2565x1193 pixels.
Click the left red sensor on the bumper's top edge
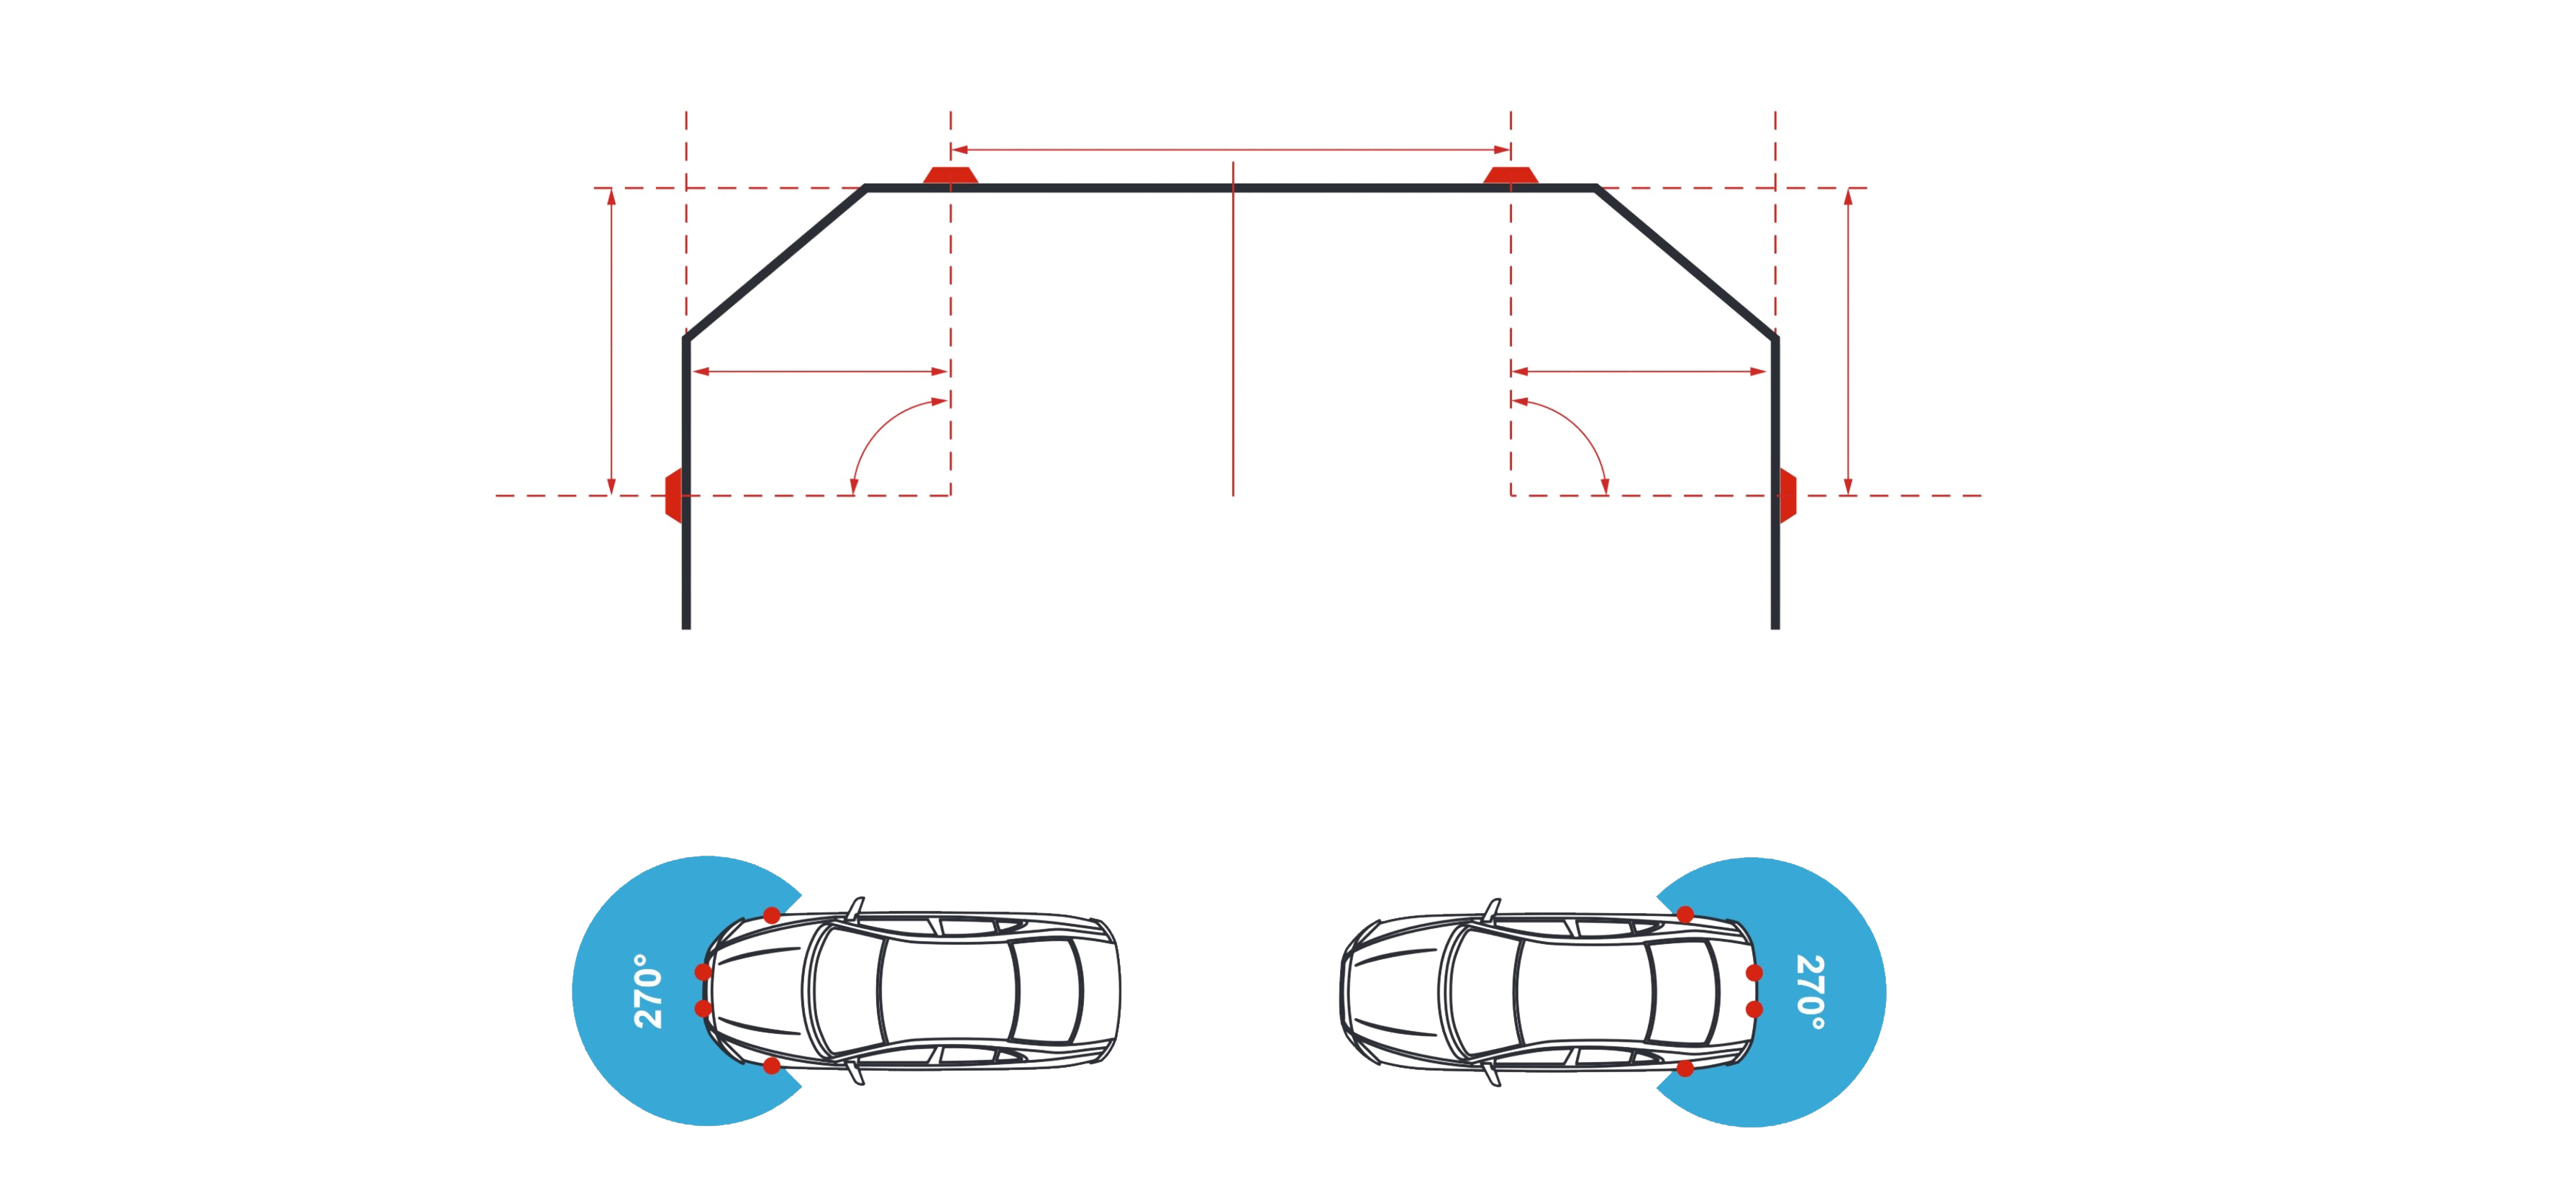click(x=950, y=176)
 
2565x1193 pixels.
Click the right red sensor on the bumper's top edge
click(x=1511, y=176)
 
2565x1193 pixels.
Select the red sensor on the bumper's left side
click(x=674, y=495)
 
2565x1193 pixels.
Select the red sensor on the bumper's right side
click(x=1787, y=495)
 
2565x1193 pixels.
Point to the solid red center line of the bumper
click(x=1233, y=329)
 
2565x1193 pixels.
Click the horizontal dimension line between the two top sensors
click(x=1231, y=150)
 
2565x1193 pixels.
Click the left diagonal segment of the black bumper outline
click(x=775, y=263)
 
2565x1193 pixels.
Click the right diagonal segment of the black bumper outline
click(x=1686, y=263)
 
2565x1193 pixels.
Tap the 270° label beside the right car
click(x=1810, y=992)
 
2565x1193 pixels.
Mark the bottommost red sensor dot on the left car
click(x=772, y=1066)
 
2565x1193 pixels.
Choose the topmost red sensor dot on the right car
click(x=1685, y=914)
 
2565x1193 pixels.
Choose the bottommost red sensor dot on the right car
click(x=1685, y=1069)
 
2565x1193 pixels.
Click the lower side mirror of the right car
click(x=1490, y=1074)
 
